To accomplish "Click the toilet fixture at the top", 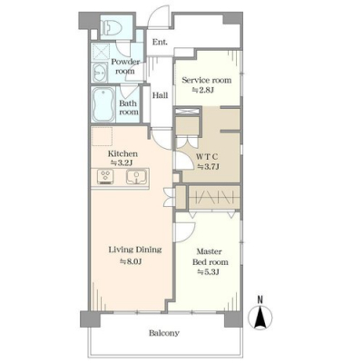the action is click(113, 27).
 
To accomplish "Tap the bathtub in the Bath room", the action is click(103, 105).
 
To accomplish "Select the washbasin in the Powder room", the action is click(100, 73).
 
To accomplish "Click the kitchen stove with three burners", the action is click(105, 176).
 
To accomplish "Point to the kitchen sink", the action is click(136, 176).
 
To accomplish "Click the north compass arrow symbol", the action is click(260, 318).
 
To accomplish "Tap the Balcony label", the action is click(164, 333).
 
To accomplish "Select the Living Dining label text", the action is click(135, 250).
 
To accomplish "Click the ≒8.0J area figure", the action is click(131, 261).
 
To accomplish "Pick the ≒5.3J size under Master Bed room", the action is click(208, 272).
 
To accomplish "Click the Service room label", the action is click(207, 80).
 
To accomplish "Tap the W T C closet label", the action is click(207, 157).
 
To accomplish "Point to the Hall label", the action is click(160, 95).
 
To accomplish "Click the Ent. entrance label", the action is click(160, 42).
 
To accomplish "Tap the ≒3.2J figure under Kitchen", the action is click(122, 162).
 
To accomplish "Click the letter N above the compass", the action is click(260, 299).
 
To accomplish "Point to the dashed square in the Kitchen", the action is click(103, 136).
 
